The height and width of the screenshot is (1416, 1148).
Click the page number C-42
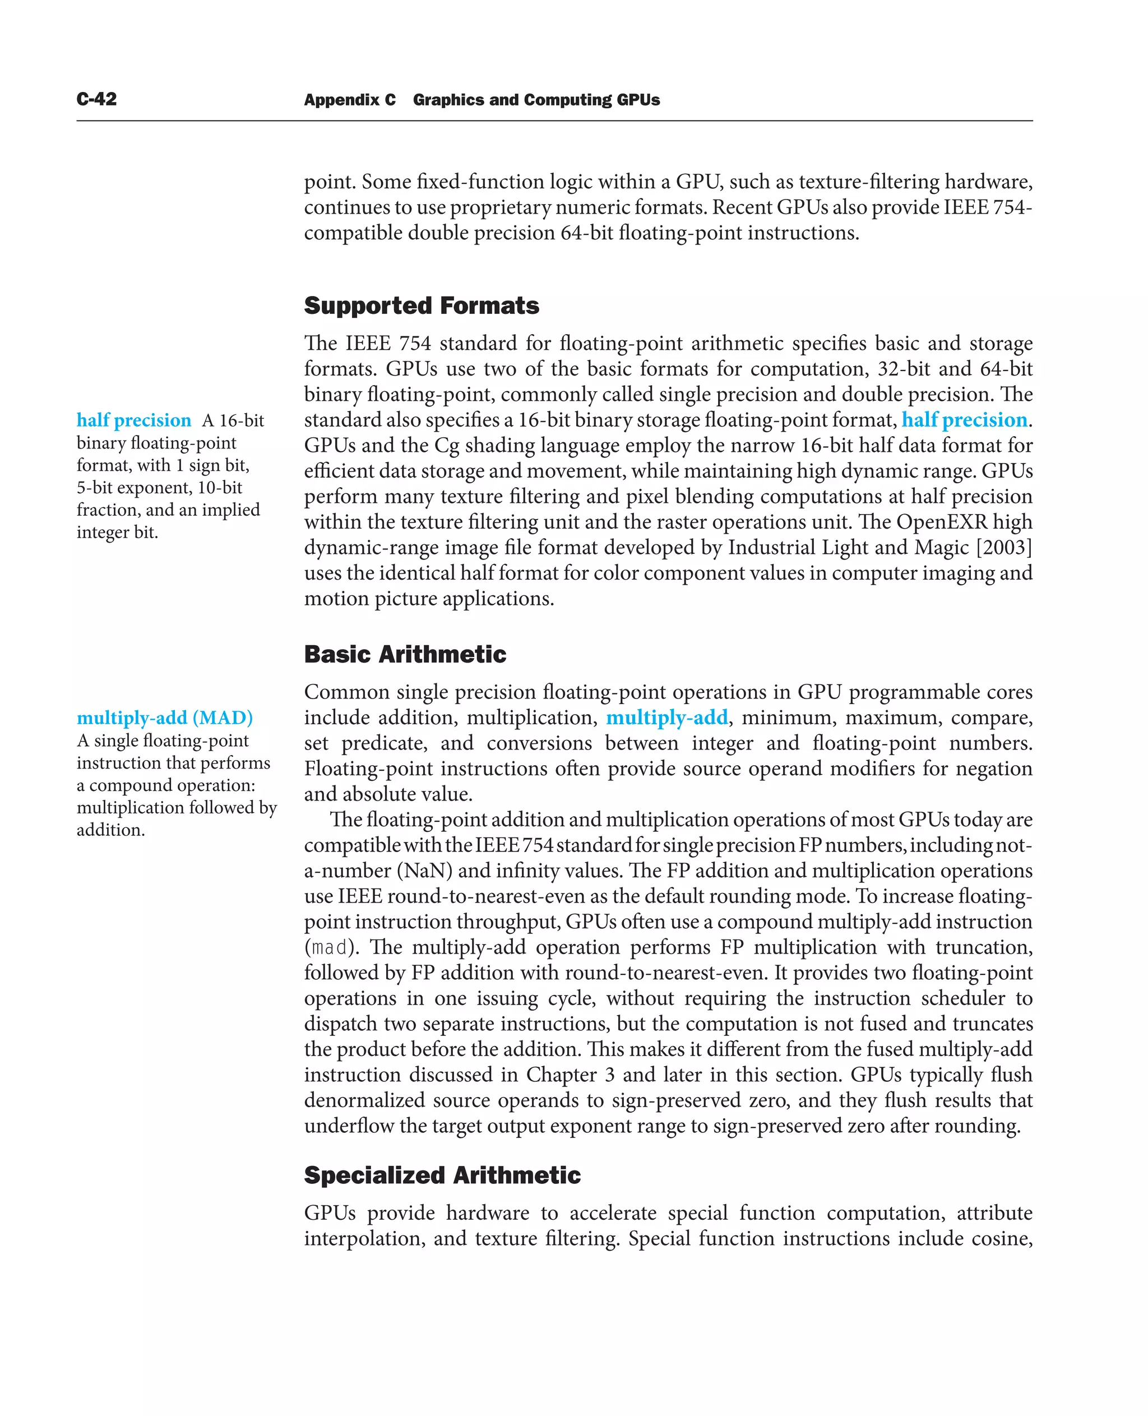[x=96, y=99]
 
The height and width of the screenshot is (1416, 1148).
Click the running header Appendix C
[x=349, y=100]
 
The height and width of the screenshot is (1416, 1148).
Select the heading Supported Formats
[x=421, y=306]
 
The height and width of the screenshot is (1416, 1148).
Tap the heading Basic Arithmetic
[x=405, y=654]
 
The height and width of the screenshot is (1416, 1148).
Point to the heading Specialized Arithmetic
[x=442, y=1176]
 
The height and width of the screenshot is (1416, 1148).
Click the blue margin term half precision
[x=133, y=420]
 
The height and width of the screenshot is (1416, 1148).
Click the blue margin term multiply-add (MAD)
[x=165, y=718]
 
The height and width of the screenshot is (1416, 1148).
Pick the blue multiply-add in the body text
[x=666, y=718]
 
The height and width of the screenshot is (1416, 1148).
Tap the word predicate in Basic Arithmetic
[x=383, y=743]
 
